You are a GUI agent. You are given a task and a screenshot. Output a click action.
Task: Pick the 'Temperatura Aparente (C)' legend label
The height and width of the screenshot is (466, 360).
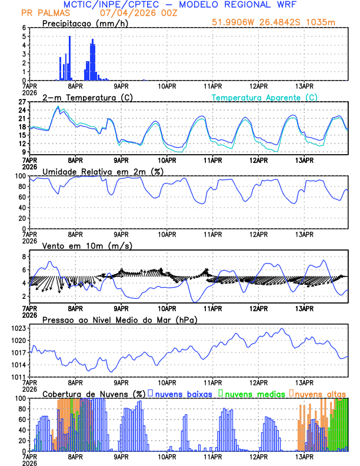point(265,97)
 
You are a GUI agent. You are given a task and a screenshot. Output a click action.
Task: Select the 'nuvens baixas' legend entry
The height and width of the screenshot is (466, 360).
point(183,394)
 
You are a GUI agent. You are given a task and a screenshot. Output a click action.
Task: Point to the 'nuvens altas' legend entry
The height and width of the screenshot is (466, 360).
point(321,394)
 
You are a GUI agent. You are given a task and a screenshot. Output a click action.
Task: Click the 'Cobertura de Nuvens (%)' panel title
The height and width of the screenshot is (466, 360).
point(94,394)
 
